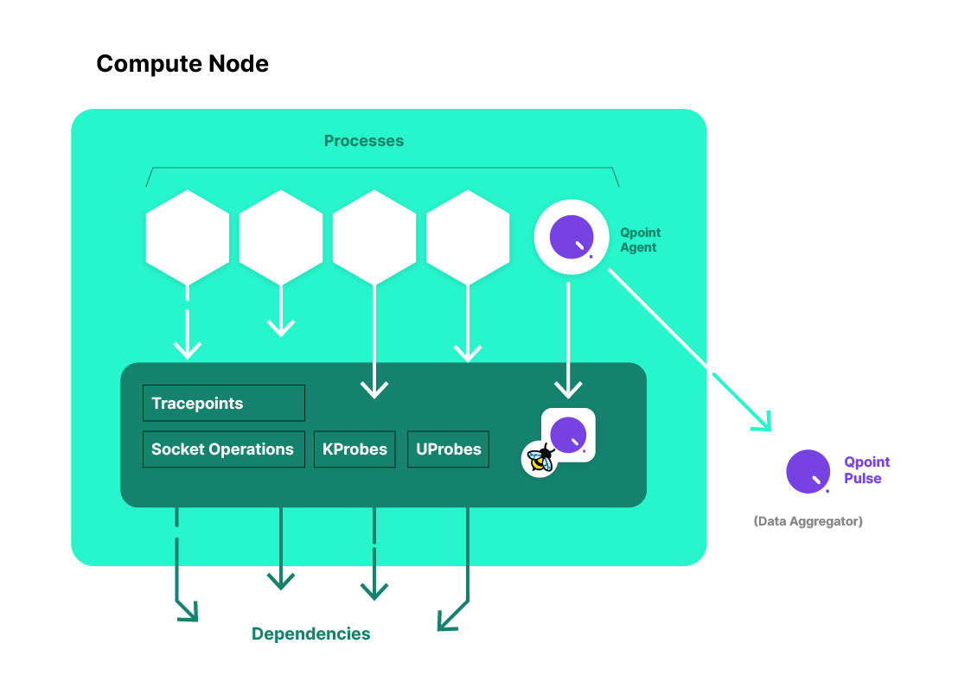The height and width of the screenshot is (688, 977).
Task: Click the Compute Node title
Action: pos(182,64)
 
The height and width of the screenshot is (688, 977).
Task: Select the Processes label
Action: pos(363,141)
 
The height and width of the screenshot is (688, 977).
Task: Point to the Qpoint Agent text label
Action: pos(640,240)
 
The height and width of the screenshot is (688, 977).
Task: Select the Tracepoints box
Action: pos(223,404)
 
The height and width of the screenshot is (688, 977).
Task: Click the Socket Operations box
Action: pos(223,449)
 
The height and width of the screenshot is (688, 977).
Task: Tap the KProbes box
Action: pos(354,449)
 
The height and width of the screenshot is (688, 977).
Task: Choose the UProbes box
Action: pos(448,449)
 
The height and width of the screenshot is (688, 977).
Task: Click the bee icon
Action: pos(540,458)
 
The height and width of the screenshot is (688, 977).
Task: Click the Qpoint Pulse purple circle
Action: pos(808,472)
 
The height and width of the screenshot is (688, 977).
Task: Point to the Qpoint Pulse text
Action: pos(866,470)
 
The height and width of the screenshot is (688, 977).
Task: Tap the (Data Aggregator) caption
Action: pos(808,521)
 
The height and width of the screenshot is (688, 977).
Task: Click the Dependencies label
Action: pos(310,634)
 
